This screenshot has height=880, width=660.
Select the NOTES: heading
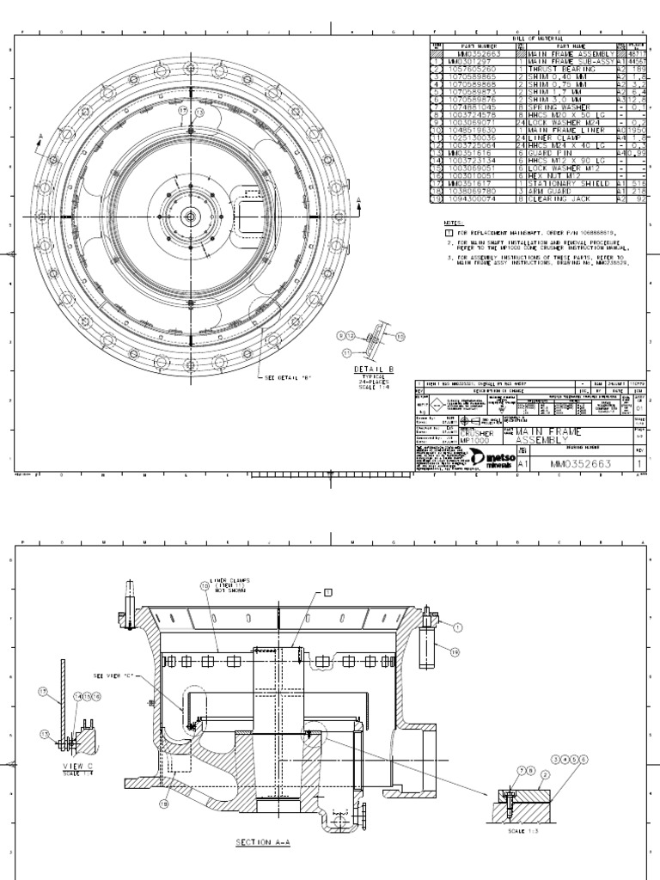pyautogui.click(x=454, y=222)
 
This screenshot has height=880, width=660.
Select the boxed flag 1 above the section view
pyautogui.click(x=327, y=592)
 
